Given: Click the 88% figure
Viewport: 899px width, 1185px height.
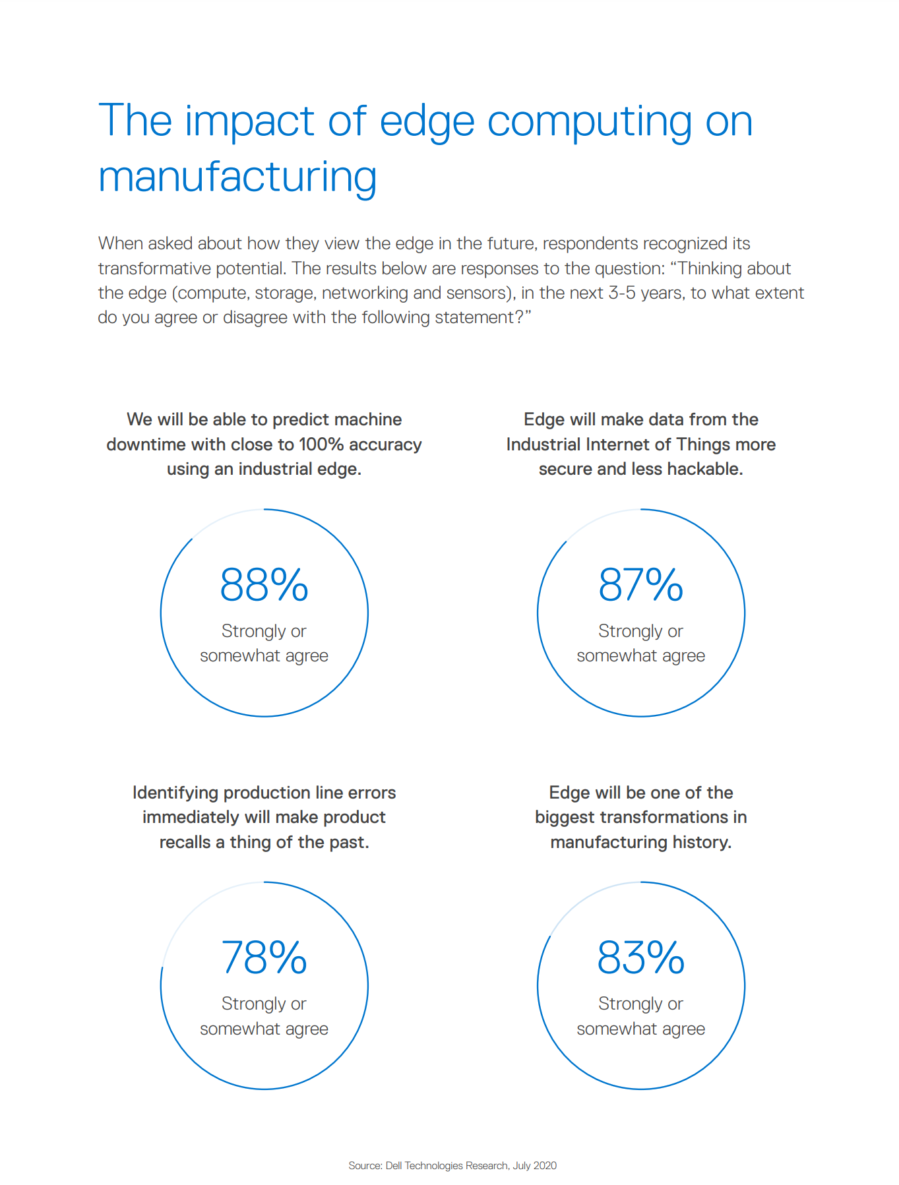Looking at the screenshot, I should [x=264, y=585].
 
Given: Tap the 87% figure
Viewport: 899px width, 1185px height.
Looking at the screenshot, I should [x=640, y=585].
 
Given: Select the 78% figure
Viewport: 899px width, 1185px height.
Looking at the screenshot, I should [x=264, y=957].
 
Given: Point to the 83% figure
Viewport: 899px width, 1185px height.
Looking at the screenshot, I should [x=640, y=957].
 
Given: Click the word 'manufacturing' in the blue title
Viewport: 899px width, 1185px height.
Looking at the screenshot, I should [x=237, y=177].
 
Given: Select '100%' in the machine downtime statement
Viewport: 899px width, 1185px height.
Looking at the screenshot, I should [x=321, y=444].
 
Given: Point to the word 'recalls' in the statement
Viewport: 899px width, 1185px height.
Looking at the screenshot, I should [x=185, y=842].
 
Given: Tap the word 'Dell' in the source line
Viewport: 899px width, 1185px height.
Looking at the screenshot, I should [x=394, y=1165].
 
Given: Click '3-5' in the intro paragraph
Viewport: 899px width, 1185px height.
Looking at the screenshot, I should [x=622, y=293].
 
